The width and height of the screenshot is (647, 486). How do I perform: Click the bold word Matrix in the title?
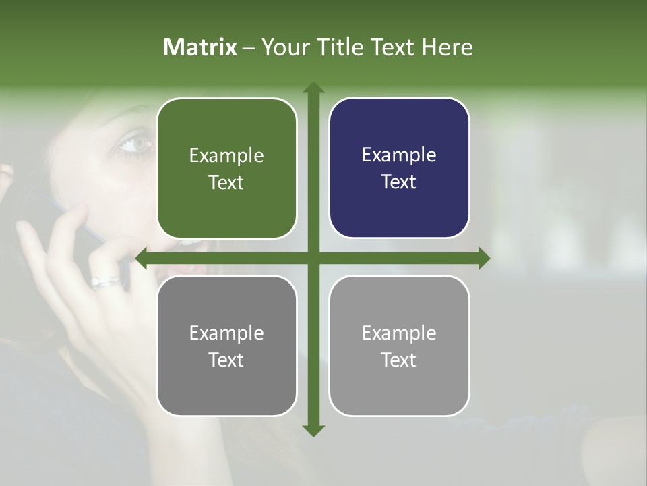[x=200, y=47]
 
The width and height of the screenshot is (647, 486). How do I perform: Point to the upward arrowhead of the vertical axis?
[x=313, y=88]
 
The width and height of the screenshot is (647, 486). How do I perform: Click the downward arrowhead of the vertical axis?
[x=313, y=430]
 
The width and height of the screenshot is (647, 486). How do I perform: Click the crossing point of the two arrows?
[x=313, y=258]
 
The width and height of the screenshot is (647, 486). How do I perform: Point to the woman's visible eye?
[x=135, y=142]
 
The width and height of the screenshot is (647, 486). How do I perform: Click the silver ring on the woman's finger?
[x=106, y=281]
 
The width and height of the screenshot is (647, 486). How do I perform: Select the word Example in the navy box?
[x=399, y=155]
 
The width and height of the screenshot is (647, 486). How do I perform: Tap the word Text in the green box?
[x=226, y=182]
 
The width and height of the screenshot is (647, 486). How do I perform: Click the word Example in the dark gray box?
[x=226, y=333]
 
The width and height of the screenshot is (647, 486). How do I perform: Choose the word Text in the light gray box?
[x=398, y=360]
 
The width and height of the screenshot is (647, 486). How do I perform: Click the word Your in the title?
[x=282, y=47]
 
